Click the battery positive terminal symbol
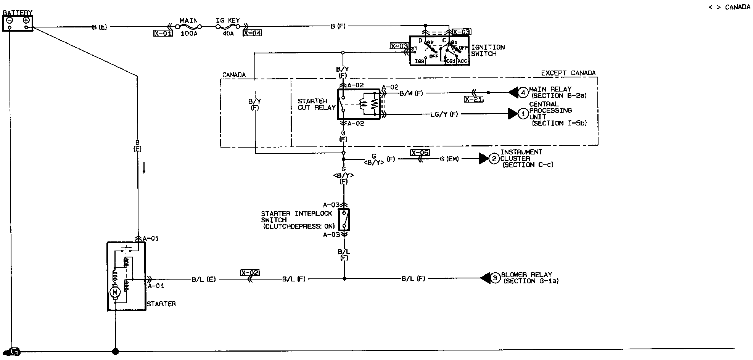(26, 21)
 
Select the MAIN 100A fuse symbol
(188, 27)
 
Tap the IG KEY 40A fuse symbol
(228, 27)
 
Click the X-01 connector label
(163, 33)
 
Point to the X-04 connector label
(253, 33)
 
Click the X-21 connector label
(474, 99)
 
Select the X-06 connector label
(420, 153)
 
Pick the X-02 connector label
(249, 273)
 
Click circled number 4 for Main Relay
(523, 92)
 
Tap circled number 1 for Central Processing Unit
(523, 114)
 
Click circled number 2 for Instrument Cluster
(494, 159)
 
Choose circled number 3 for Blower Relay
(495, 278)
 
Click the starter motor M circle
(115, 292)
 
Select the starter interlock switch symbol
(344, 219)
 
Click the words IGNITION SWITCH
(488, 50)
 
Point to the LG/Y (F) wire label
(444, 114)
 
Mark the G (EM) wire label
(449, 159)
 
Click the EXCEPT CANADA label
(568, 73)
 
